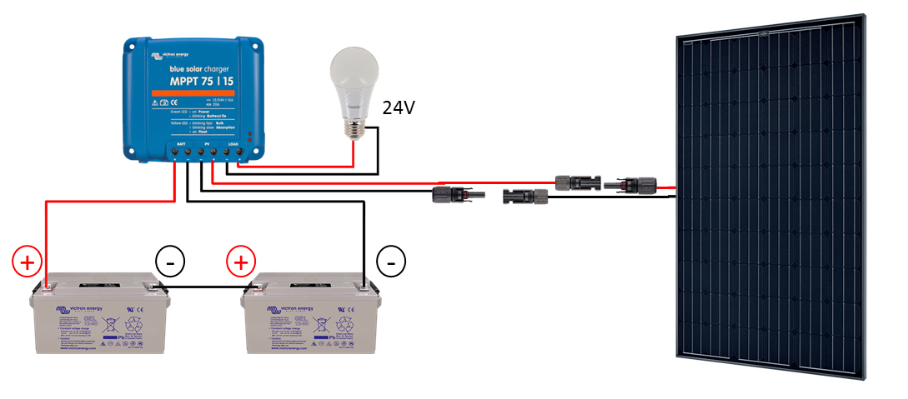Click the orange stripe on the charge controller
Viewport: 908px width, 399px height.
[x=194, y=92]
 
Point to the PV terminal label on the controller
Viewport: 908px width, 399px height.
[x=208, y=144]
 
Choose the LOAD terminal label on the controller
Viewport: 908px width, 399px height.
[x=234, y=144]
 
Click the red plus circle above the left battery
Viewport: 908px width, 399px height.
[x=27, y=262]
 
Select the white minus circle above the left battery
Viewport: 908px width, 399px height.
[x=170, y=262]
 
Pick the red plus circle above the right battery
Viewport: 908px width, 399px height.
[x=241, y=262]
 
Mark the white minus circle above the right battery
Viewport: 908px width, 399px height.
[x=390, y=262]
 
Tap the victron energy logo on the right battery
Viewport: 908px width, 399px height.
[x=290, y=310]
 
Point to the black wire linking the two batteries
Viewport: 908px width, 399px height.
[x=204, y=288]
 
